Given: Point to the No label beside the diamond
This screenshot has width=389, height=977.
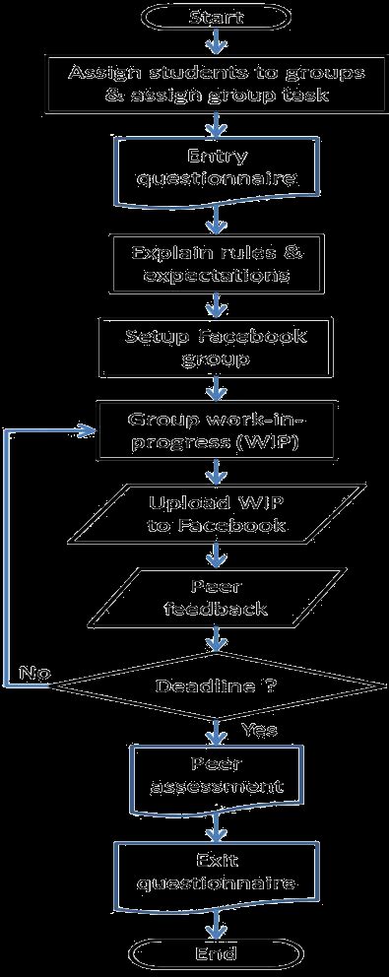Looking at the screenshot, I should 33,674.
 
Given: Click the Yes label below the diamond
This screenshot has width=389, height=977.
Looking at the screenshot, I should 259,730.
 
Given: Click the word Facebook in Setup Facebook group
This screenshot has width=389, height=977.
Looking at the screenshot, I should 258,335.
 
